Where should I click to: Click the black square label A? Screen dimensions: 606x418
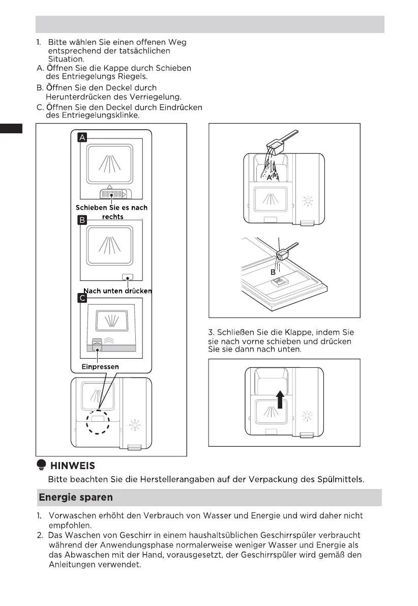[x=82, y=137]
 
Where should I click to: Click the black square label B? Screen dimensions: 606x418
[x=82, y=220]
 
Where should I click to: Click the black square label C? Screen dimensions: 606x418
[x=82, y=298]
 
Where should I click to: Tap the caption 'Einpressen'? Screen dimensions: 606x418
[x=100, y=366]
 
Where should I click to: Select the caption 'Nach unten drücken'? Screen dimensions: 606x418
[x=117, y=291]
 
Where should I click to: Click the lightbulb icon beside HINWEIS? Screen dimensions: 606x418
[x=42, y=465]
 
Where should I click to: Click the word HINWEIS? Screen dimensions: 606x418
[x=72, y=466]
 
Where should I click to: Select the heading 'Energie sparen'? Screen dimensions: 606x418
[x=76, y=497]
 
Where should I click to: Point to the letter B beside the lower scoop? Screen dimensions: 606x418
[x=273, y=273]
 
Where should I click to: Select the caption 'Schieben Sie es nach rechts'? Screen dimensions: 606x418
[x=112, y=212]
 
